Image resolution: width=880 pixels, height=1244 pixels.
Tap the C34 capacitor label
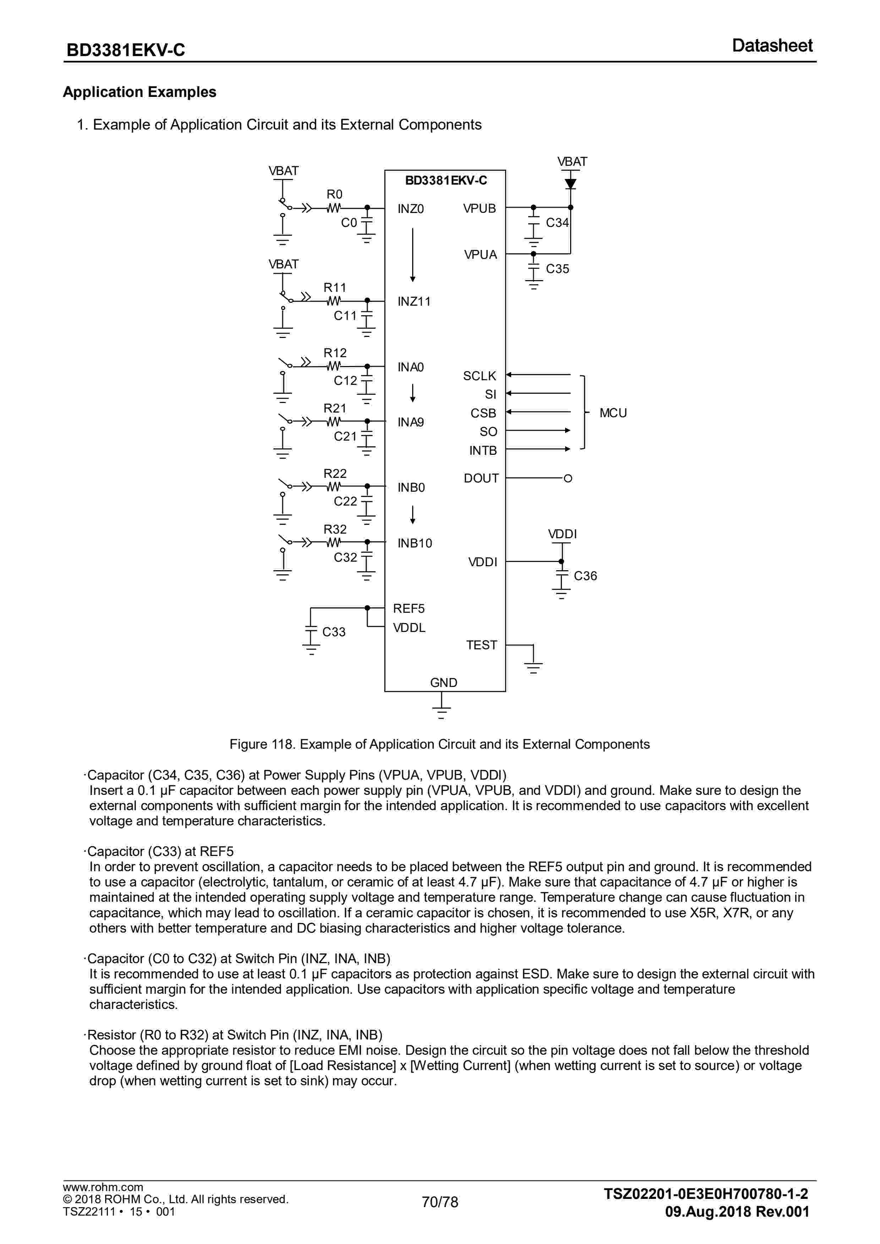[557, 223]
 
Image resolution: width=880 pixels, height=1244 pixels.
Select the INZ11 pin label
[414, 302]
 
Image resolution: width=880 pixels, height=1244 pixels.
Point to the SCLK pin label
[480, 376]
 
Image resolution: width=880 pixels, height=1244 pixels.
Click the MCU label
[613, 413]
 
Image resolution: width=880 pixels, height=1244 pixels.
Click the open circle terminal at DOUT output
[568, 479]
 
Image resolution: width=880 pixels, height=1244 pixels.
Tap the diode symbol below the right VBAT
[570, 183]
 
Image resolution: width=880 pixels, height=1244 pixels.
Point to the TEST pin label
[482, 645]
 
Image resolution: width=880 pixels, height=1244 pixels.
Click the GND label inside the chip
[444, 683]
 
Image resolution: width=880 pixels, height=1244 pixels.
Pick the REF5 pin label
[409, 609]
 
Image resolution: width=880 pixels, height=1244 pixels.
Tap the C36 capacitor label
[585, 576]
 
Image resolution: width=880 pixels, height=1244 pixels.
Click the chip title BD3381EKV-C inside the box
[446, 180]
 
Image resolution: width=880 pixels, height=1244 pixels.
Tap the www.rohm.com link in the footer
[103, 1188]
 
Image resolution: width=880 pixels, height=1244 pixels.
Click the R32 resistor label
[335, 529]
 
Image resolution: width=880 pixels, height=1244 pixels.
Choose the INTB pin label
[483, 451]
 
